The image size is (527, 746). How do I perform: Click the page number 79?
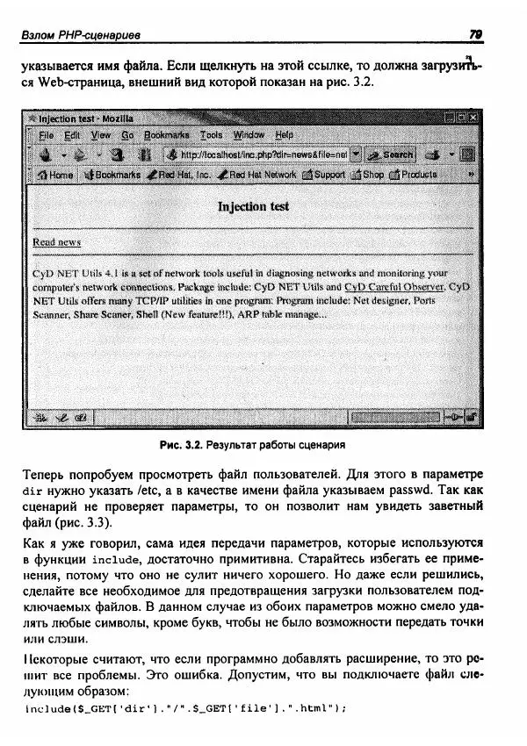point(476,34)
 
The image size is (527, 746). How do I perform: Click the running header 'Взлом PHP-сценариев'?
point(83,34)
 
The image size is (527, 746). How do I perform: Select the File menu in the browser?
point(47,135)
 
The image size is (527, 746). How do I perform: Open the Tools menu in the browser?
point(211,135)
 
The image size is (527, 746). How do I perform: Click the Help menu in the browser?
point(285,135)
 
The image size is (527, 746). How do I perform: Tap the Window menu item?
point(249,135)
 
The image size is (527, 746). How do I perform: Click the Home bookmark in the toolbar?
point(55,175)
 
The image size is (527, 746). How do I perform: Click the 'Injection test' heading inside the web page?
point(253,207)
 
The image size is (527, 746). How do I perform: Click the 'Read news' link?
point(56,241)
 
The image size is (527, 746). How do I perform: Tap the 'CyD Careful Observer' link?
point(393,286)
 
